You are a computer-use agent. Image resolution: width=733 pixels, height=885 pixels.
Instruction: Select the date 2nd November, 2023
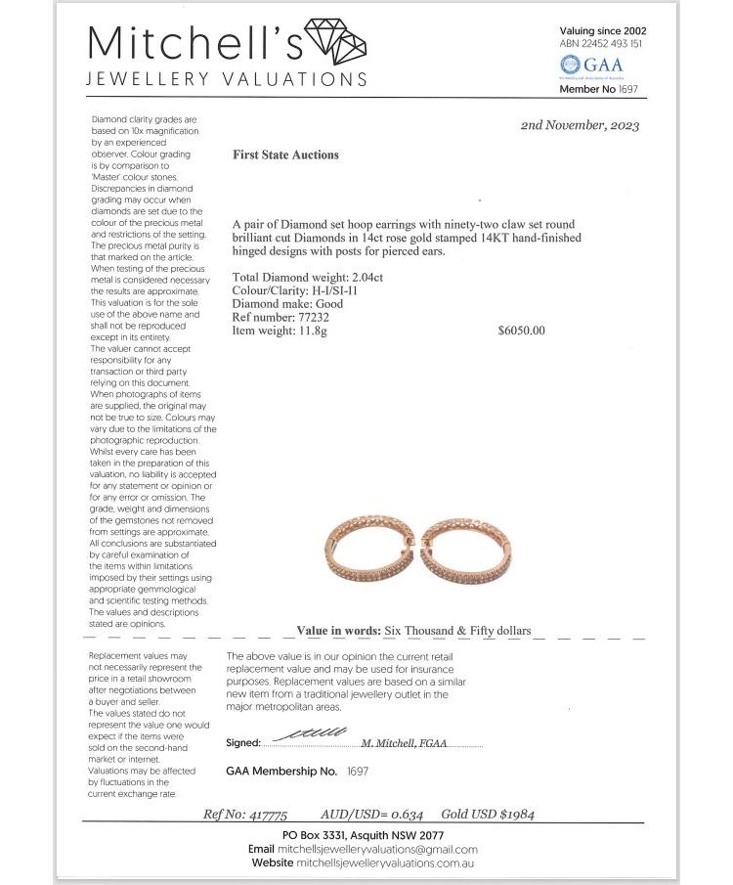point(581,125)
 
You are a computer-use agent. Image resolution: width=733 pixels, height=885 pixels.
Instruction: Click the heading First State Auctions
point(285,155)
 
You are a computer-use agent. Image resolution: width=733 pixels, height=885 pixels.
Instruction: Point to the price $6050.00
point(521,331)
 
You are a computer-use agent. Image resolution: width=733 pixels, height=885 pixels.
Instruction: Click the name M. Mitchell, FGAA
point(404,743)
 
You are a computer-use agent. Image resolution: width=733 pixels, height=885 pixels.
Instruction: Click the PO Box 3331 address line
point(363,836)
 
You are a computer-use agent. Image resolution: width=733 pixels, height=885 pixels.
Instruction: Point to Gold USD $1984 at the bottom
point(488,814)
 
